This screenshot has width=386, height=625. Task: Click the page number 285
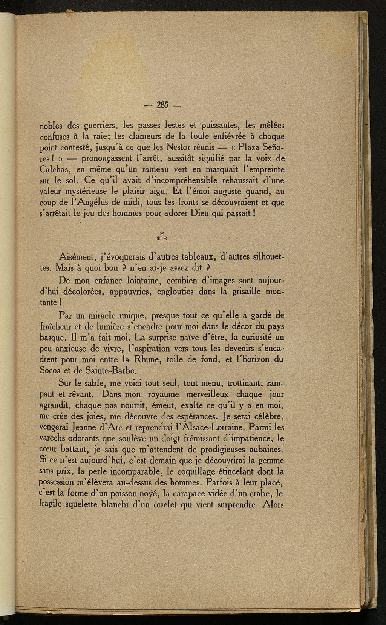pos(163,105)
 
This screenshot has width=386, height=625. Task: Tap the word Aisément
pos(78,258)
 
